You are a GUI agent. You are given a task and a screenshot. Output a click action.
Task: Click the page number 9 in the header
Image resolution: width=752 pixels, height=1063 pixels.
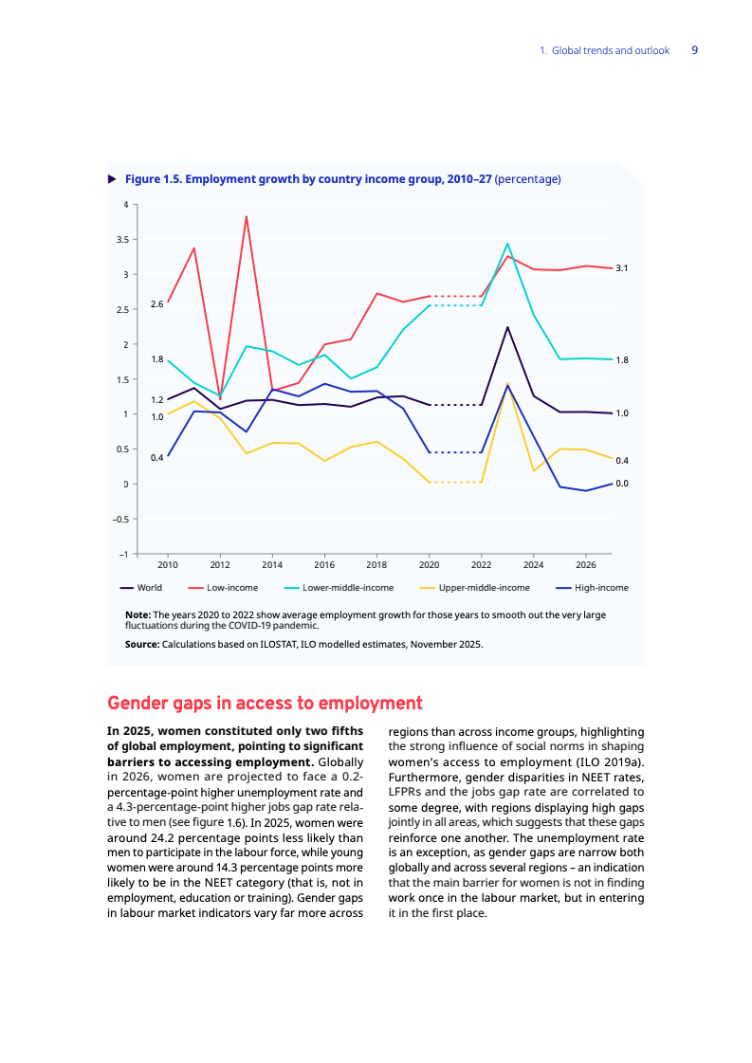694,50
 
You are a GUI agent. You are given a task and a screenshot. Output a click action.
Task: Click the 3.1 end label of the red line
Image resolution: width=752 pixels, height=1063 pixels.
622,269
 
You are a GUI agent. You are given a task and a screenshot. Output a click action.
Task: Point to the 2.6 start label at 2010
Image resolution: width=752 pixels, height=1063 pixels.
156,304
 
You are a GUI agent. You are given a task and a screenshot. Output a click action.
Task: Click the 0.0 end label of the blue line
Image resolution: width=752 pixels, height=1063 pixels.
622,484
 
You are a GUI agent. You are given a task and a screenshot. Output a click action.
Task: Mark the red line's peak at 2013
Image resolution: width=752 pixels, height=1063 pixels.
247,216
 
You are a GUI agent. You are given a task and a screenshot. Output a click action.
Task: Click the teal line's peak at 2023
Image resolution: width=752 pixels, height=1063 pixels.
507,244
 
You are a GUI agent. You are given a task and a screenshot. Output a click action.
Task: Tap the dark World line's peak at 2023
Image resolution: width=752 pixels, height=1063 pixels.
507,328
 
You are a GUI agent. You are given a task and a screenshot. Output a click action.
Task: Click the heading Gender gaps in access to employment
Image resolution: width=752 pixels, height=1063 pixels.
265,704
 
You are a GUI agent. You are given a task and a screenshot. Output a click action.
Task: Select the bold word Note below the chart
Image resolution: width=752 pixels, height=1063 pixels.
138,615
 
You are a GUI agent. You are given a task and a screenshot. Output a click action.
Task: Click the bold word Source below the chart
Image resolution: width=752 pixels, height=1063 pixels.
142,645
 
